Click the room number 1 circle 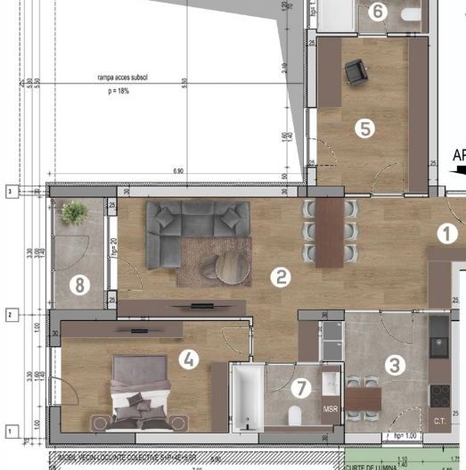coord(446,234)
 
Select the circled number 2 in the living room coord(282,276)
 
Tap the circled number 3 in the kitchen coord(394,364)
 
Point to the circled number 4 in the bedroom coord(188,359)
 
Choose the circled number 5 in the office coord(364,128)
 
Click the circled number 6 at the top coord(377,12)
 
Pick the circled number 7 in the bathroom coord(301,388)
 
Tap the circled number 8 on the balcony coord(81,286)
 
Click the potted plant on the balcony coord(75,212)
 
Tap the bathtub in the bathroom coord(247,398)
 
